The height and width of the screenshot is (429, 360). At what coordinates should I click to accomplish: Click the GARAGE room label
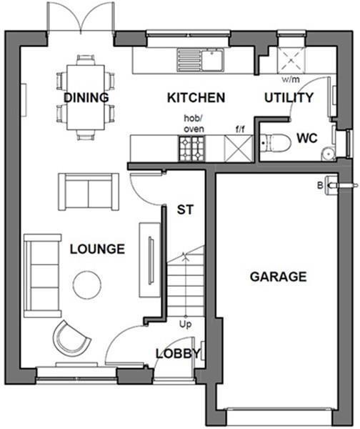coord(278,276)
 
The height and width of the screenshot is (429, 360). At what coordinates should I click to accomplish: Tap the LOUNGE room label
coord(97,249)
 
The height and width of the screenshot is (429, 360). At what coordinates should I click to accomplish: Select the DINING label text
coord(86,98)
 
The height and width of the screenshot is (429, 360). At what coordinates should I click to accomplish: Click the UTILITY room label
coord(289,98)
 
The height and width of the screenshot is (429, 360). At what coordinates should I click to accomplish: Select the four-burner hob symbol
coord(191,149)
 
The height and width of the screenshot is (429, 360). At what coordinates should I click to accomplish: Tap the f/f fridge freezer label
coord(240,130)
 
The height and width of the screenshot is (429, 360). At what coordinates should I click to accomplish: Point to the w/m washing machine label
coord(291,79)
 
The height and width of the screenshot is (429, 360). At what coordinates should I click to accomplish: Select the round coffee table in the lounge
coord(88,285)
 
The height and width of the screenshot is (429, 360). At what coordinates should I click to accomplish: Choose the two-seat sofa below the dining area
coord(87,190)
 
